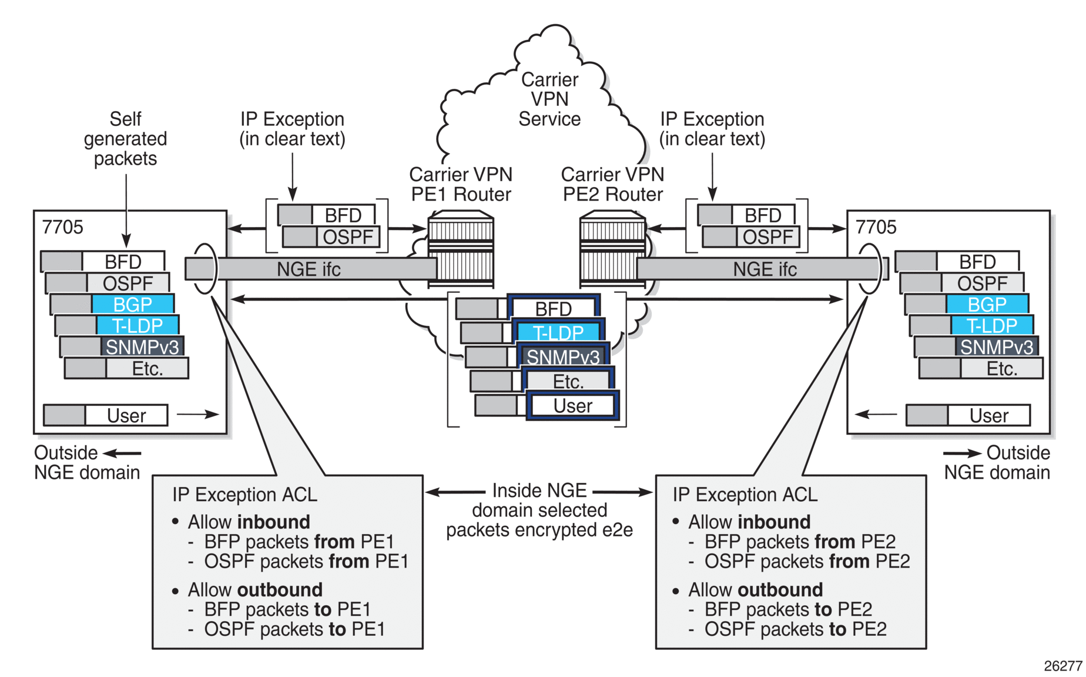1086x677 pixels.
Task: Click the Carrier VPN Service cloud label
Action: pos(549,99)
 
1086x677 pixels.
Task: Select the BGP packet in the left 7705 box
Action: pos(133,305)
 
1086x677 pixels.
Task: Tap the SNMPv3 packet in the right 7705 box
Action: pos(997,347)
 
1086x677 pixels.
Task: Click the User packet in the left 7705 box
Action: pos(126,416)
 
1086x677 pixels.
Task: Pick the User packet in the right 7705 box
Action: pos(988,416)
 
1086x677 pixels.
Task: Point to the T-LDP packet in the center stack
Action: pos(558,333)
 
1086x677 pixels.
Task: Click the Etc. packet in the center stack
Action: pos(568,382)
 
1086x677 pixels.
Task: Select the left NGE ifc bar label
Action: pos(309,269)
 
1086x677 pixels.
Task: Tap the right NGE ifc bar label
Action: pos(765,269)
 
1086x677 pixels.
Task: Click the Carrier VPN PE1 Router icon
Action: pos(461,249)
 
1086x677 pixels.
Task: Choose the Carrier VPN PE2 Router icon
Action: pos(612,249)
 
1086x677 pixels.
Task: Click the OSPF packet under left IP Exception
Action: pos(348,237)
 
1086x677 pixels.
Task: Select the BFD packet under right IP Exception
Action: pos(763,215)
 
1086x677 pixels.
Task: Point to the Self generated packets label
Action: pos(125,139)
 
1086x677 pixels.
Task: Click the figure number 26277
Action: pos(1062,666)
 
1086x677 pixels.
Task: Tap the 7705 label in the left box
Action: pos(63,227)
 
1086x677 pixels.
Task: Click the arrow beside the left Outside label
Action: pos(122,453)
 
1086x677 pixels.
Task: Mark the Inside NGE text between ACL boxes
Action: pos(539,491)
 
